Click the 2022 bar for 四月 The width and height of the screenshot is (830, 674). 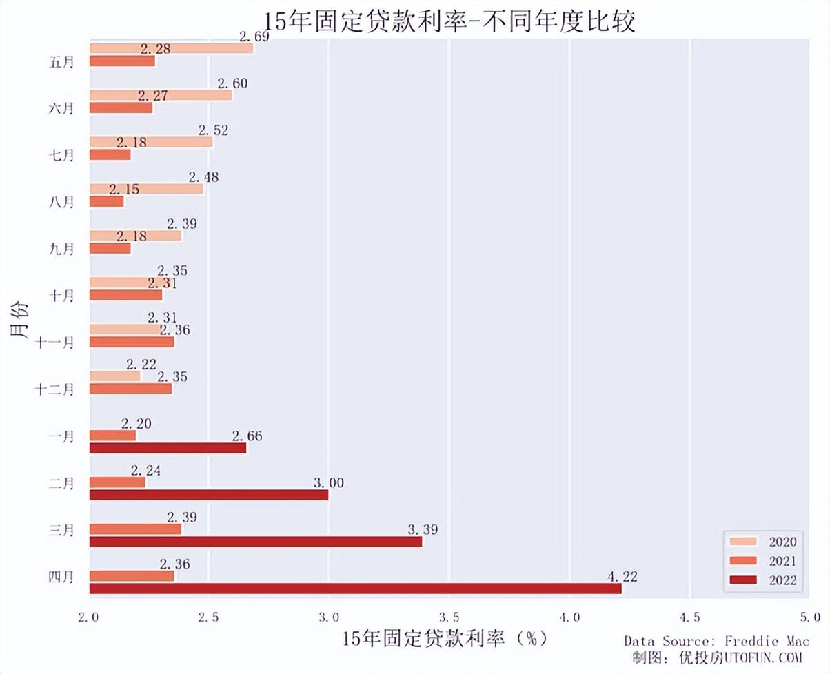[x=355, y=589]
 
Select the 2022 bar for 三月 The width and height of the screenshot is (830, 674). [x=255, y=542]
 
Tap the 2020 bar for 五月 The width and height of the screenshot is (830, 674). [x=171, y=48]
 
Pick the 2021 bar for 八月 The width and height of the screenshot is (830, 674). [x=107, y=201]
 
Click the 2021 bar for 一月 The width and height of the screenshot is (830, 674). [x=112, y=436]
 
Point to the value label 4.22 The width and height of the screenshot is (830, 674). [x=622, y=577]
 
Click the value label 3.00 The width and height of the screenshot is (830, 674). [x=329, y=483]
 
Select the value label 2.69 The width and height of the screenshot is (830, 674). [x=254, y=37]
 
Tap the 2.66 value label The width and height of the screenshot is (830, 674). [x=247, y=436]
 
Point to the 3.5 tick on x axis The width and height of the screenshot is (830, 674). [x=449, y=616]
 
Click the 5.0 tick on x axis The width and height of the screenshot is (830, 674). [x=810, y=616]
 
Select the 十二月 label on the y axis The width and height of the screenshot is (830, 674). [x=54, y=389]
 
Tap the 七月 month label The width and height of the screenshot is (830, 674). [x=62, y=155]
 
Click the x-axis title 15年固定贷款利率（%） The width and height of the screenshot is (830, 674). [x=445, y=638]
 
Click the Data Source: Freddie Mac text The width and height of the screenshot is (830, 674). [x=717, y=642]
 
